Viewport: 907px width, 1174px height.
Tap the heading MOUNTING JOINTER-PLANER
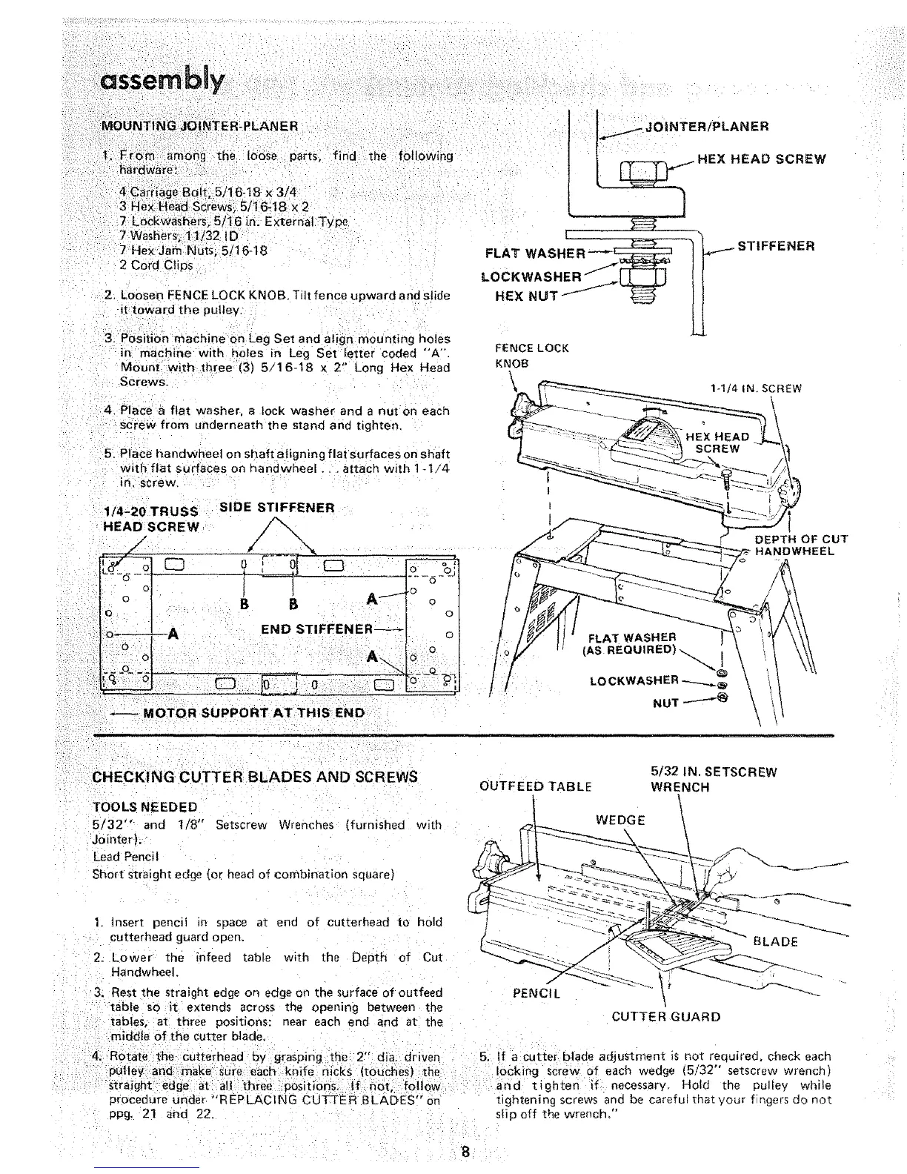(x=199, y=126)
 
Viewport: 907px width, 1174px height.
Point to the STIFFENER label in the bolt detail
(x=776, y=246)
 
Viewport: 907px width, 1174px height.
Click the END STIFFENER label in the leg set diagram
(x=316, y=630)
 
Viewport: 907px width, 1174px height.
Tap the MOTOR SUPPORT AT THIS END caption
(x=253, y=713)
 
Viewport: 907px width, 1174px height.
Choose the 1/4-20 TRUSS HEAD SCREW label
(x=150, y=519)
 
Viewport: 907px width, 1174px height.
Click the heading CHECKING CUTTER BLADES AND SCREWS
(x=255, y=777)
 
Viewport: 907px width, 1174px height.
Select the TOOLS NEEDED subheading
(x=144, y=807)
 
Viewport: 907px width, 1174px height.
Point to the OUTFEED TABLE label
(x=536, y=786)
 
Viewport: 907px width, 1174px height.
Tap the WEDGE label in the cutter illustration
(x=620, y=820)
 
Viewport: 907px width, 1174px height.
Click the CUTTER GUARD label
(x=665, y=1016)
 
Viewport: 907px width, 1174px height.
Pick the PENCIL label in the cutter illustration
(x=536, y=993)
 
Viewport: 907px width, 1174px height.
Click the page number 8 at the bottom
(x=465, y=1153)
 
